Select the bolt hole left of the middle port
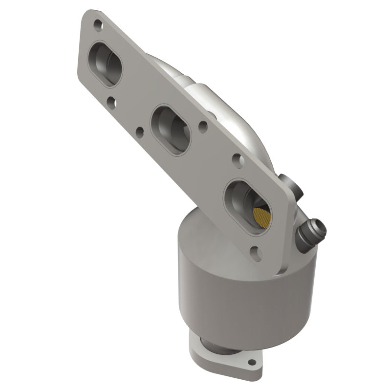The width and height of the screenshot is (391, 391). point(140,131)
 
